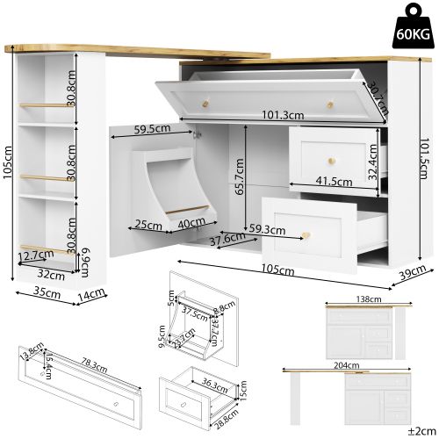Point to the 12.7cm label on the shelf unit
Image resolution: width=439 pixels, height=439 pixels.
tap(31, 256)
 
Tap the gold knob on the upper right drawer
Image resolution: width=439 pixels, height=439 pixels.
tap(334, 159)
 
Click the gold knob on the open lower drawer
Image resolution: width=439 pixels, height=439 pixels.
tap(307, 234)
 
